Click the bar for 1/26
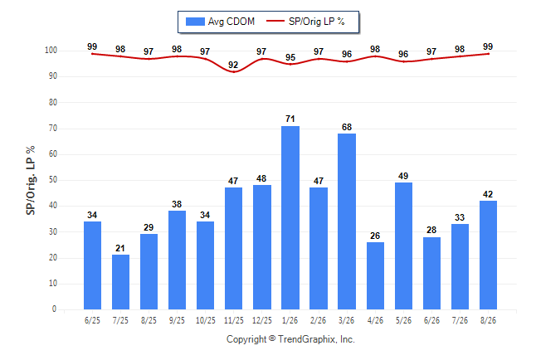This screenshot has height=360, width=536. (x=290, y=218)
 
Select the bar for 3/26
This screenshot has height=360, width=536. (x=347, y=221)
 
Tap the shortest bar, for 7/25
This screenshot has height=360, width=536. (x=120, y=282)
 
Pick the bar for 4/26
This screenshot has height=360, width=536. (x=375, y=276)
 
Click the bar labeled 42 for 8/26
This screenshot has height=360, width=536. (x=488, y=255)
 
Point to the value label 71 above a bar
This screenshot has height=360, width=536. (x=290, y=119)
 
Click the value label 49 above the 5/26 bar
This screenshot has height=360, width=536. (x=403, y=176)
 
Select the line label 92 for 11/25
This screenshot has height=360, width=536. (x=233, y=65)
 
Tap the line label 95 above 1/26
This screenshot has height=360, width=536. (x=290, y=57)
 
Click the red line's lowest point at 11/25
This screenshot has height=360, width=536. (x=233, y=72)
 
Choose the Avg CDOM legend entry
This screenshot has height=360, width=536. (x=220, y=22)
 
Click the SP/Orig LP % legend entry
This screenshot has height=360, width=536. (x=305, y=22)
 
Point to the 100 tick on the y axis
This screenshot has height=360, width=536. (x=51, y=51)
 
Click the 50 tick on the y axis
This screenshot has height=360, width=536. (x=52, y=180)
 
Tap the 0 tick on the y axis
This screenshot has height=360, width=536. (x=54, y=309)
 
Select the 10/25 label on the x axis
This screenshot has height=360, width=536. (x=206, y=320)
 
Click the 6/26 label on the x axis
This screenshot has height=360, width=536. (x=431, y=320)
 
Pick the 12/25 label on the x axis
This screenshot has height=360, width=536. (x=262, y=320)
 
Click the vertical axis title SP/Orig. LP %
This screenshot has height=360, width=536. (x=31, y=180)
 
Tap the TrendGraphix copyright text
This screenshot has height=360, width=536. (x=290, y=339)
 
